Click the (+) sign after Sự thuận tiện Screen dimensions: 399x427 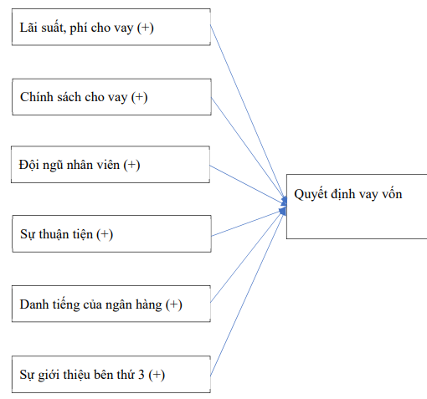click(105, 234)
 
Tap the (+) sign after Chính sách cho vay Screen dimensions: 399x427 click(139, 97)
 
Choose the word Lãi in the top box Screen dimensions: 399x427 click(29, 29)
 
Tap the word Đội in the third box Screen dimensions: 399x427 click(29, 166)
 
